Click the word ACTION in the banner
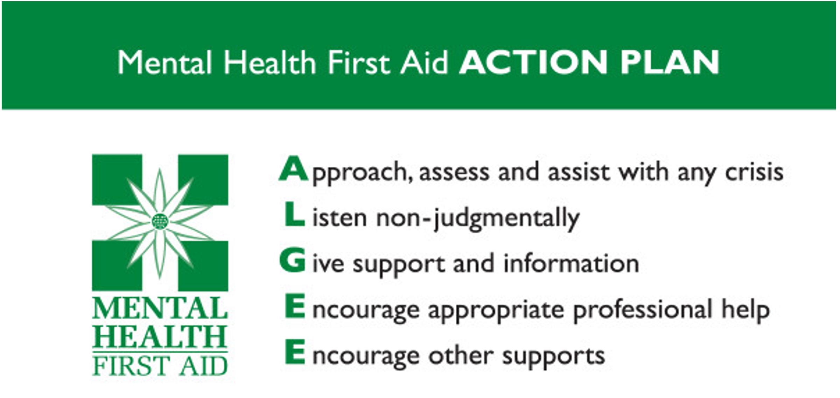pos(533,62)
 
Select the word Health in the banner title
pos(269,62)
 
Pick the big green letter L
pos(294,214)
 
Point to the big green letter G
pos(292,260)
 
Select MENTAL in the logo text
pos(160,308)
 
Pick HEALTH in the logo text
pos(160,336)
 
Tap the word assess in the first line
pos(454,173)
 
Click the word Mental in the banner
pos(164,62)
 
